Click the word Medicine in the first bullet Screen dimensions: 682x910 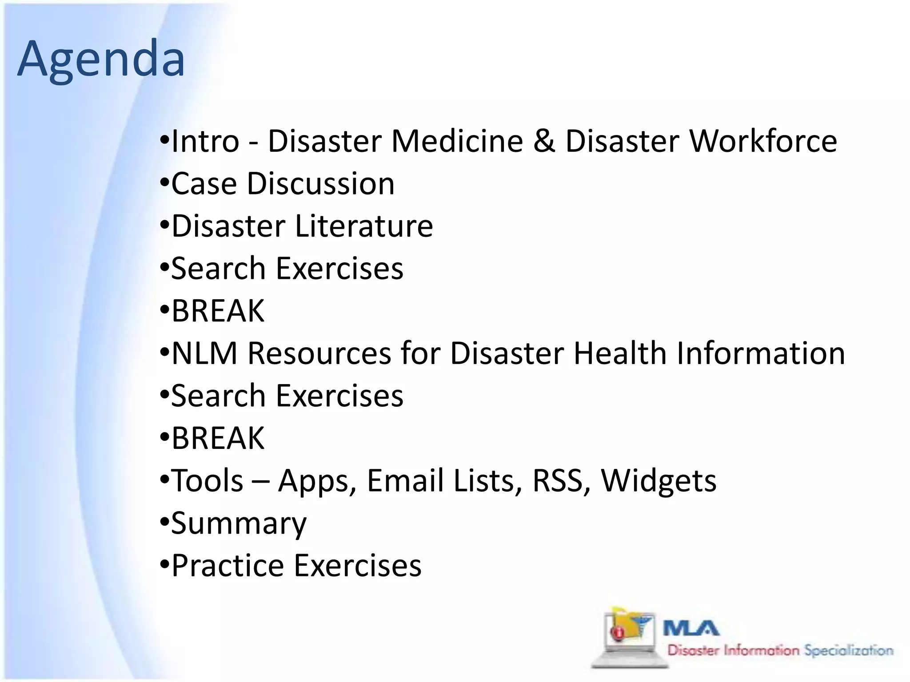pyautogui.click(x=457, y=141)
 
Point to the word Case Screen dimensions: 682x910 pyautogui.click(x=204, y=183)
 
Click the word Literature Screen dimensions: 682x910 pyautogui.click(x=363, y=226)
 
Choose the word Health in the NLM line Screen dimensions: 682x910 pyautogui.click(x=620, y=353)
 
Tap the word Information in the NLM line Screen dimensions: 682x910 pyautogui.click(x=761, y=353)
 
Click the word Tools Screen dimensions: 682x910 pyautogui.click(x=208, y=481)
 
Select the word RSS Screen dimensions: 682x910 pyautogui.click(x=558, y=481)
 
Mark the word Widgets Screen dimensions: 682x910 pyautogui.click(x=659, y=481)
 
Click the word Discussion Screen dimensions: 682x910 pyautogui.click(x=320, y=183)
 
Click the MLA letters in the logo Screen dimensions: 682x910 pyautogui.click(x=691, y=628)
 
